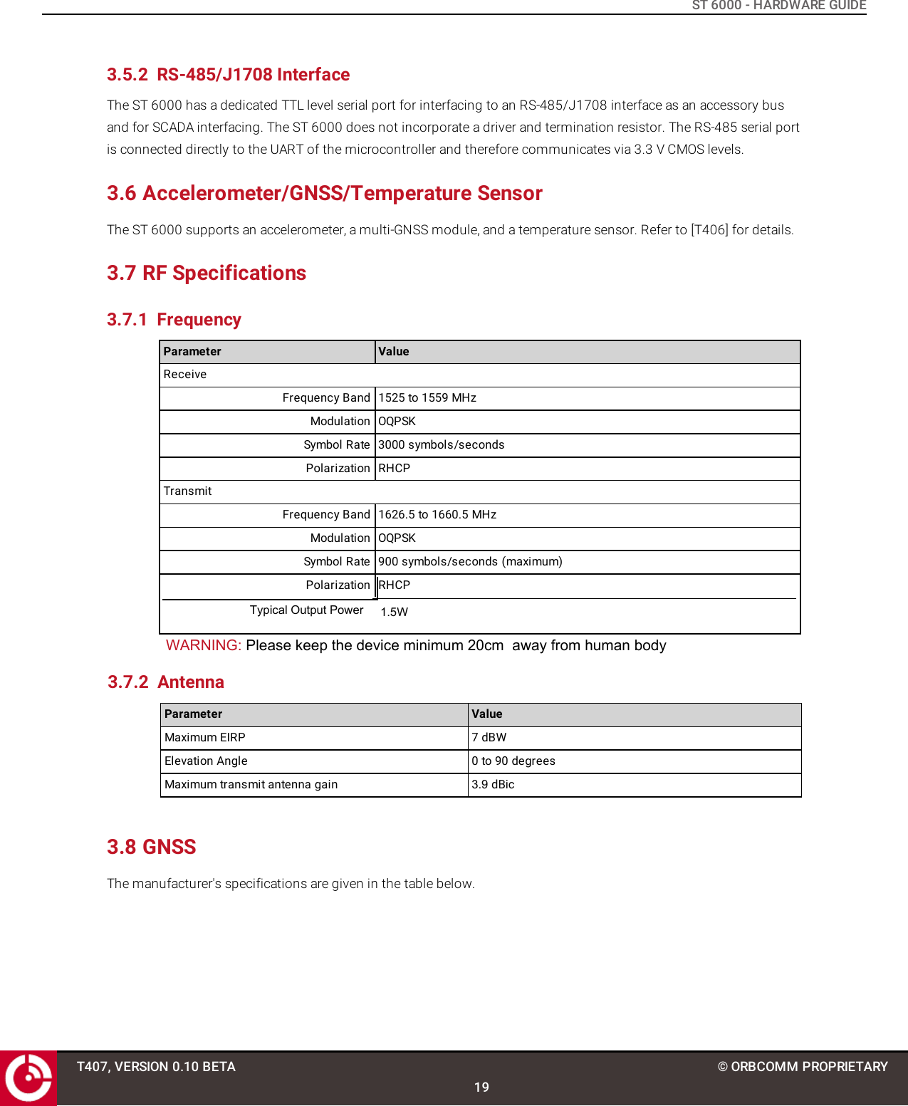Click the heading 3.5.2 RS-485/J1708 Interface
tap(228, 75)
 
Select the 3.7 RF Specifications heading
tap(207, 273)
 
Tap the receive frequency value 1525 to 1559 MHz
tap(427, 398)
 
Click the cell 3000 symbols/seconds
tap(441, 445)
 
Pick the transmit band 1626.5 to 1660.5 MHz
tap(437, 515)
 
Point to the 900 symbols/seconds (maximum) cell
tap(470, 562)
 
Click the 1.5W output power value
tap(394, 612)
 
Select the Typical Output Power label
tap(306, 610)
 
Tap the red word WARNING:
tap(204, 645)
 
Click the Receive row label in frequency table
tap(185, 375)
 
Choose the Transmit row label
tap(188, 491)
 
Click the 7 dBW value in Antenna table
tap(489, 738)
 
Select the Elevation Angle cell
tap(206, 761)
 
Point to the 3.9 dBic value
tap(493, 785)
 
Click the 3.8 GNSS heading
tap(151, 847)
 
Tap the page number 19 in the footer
tap(481, 1087)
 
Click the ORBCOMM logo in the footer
tap(28, 1078)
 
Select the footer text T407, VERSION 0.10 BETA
tap(156, 1067)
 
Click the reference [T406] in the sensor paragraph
tap(709, 230)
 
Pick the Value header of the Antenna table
tap(487, 714)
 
